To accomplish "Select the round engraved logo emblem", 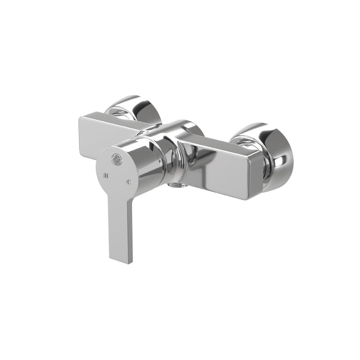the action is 116,158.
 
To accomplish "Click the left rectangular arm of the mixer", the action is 108,135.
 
